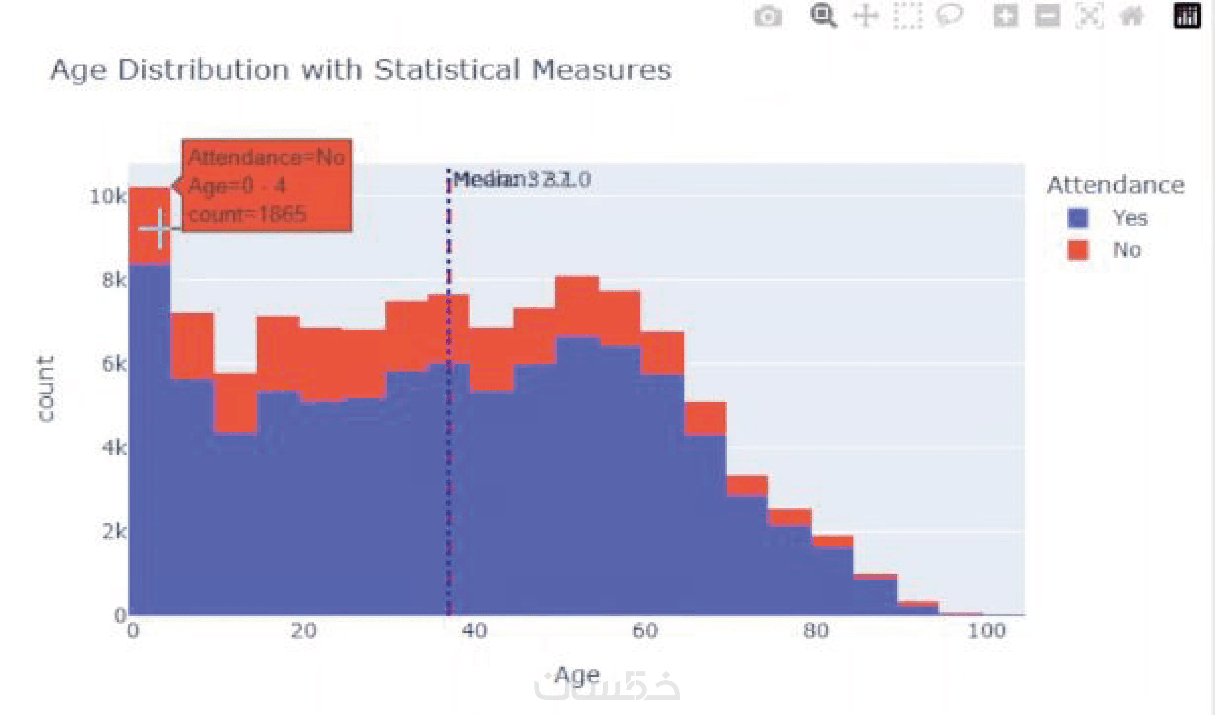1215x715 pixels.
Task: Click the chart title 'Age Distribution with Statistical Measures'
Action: (361, 70)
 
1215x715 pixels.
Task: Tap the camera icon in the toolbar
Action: (768, 16)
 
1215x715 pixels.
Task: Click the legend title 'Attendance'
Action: (1115, 186)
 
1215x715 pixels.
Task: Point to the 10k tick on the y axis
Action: (107, 197)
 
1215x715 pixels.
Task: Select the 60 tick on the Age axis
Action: (645, 631)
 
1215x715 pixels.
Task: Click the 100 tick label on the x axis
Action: (987, 631)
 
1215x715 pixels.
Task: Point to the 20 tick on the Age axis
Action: (304, 631)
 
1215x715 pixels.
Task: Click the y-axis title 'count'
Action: (46, 389)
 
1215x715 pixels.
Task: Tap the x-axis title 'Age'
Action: (577, 675)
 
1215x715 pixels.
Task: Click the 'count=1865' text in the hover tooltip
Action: (247, 214)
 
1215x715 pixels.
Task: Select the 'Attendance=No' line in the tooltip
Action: (266, 157)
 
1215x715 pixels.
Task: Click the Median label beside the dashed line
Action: (522, 180)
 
